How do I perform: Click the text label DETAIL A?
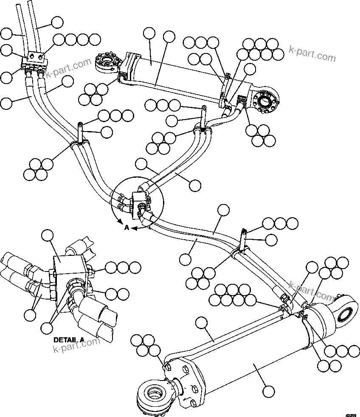point(70,340)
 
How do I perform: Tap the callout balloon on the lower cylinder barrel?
point(267,391)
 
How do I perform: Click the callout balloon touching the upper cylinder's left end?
point(149,34)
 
